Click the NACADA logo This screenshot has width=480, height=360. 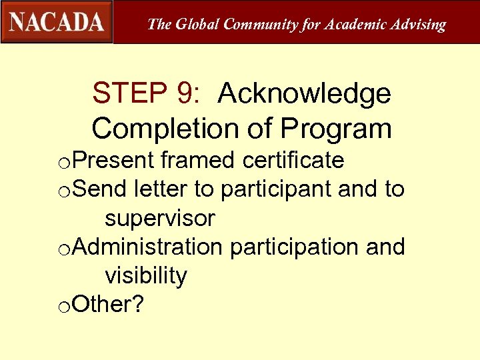tap(57, 22)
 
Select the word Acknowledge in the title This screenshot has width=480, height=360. tap(304, 94)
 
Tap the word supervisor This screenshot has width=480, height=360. tap(160, 218)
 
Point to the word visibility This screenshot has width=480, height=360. tap(146, 275)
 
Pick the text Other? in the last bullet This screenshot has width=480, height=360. tap(108, 304)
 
